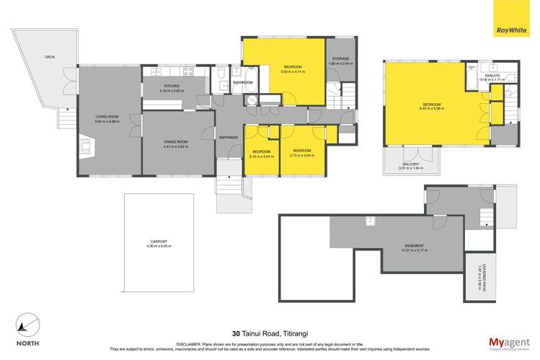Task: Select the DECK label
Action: tap(50, 56)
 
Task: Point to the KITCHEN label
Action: tap(170, 87)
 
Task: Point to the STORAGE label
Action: tap(340, 58)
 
